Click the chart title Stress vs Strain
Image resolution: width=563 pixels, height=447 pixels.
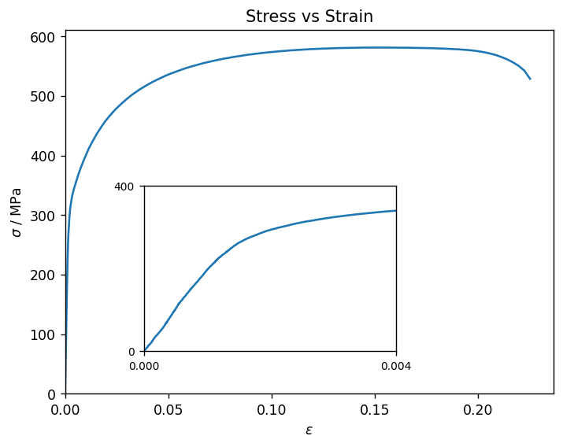pyautogui.click(x=309, y=17)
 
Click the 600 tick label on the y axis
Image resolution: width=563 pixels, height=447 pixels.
pyautogui.click(x=43, y=37)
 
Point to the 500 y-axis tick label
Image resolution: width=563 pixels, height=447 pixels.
pyautogui.click(x=43, y=97)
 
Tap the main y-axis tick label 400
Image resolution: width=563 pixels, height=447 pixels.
pyautogui.click(x=43, y=157)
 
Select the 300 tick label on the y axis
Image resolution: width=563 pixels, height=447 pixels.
pyautogui.click(x=43, y=216)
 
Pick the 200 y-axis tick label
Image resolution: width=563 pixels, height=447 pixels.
pyautogui.click(x=43, y=275)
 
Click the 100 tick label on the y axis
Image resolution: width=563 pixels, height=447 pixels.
pyautogui.click(x=43, y=335)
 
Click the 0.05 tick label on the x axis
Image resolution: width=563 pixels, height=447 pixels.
pyautogui.click(x=169, y=410)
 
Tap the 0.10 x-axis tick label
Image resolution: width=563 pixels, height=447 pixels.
pyautogui.click(x=272, y=410)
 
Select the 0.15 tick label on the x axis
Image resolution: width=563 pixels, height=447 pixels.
pyautogui.click(x=375, y=410)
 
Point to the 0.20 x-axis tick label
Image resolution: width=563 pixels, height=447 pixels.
pyautogui.click(x=478, y=410)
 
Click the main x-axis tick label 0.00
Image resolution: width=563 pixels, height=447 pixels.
pyautogui.click(x=65, y=410)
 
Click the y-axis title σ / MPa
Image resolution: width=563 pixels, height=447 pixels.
pyautogui.click(x=17, y=212)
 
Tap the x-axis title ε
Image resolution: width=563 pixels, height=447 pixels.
pyautogui.click(x=309, y=430)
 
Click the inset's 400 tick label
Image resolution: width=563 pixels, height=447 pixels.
pyautogui.click(x=124, y=187)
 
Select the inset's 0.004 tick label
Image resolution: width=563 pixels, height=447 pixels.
pyautogui.click(x=396, y=366)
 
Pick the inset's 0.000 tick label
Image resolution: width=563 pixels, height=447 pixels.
pyautogui.click(x=144, y=366)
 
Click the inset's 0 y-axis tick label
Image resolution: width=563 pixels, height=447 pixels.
pyautogui.click(x=131, y=352)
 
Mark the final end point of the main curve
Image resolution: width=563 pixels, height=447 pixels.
pyautogui.click(x=530, y=79)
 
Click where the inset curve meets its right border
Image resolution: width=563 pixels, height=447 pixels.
pyautogui.click(x=396, y=211)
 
